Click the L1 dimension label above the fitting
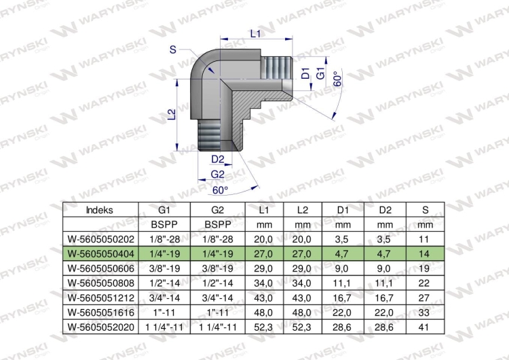255,33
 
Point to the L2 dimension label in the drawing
172,114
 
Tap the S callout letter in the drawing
172,50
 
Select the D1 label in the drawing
305,73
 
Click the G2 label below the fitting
217,175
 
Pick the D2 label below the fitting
218,159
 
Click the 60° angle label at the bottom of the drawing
221,190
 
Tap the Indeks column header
100,210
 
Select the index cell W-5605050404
100,254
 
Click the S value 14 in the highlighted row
424,254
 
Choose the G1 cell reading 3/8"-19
164,268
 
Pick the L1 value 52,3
263,327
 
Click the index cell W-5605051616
100,312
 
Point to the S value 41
424,327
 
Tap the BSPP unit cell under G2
217,225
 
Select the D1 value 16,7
341,298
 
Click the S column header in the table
426,210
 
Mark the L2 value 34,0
301,283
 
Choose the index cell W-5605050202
100,239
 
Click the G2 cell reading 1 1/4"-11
217,327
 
